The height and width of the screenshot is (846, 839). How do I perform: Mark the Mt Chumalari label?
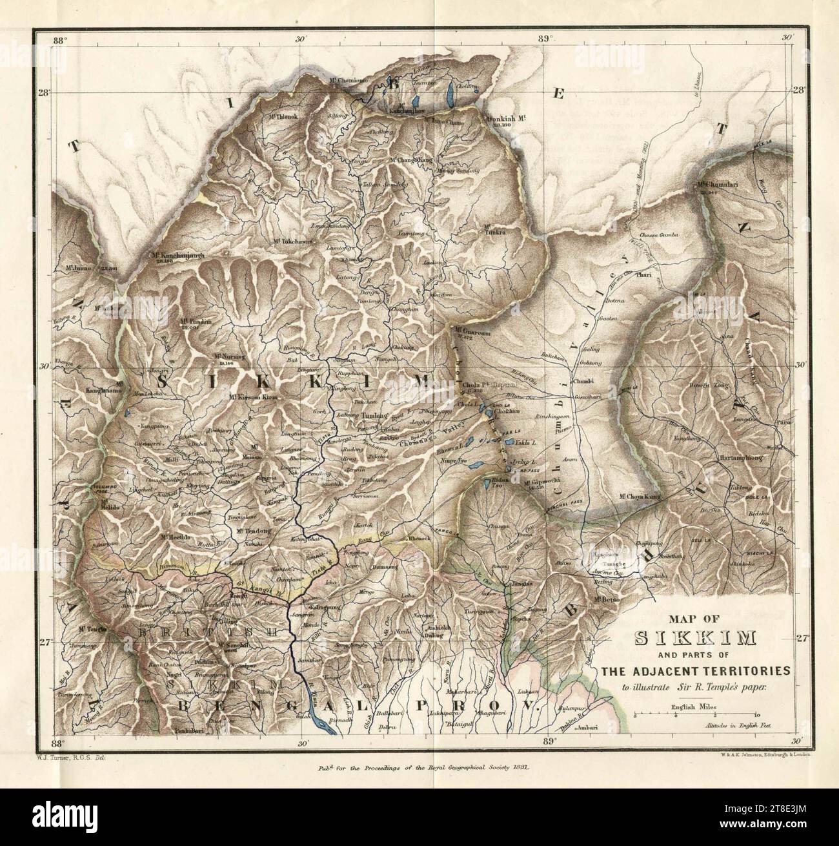tap(716, 186)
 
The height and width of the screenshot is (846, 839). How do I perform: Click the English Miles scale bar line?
tap(695, 715)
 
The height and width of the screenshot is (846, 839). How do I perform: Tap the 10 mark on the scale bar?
tap(756, 716)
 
